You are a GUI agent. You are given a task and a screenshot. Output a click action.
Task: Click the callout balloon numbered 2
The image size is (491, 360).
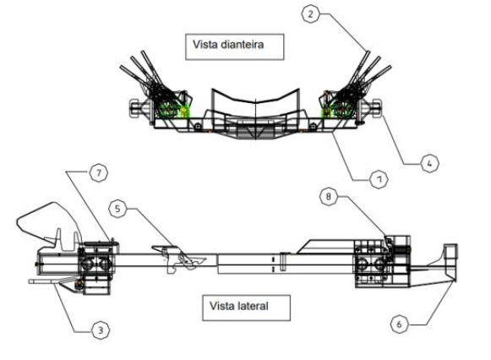click(310, 14)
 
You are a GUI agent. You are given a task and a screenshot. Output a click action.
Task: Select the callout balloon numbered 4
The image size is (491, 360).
click(429, 163)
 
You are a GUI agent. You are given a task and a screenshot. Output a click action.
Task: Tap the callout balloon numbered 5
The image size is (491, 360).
click(117, 209)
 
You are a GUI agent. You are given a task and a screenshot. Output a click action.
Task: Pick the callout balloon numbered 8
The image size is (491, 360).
click(328, 197)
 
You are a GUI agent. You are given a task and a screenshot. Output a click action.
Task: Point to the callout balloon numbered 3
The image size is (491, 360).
click(101, 330)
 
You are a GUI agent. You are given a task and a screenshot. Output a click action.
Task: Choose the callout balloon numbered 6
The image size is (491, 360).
click(399, 324)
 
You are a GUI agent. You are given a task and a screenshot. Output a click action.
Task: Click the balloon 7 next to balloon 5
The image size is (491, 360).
click(99, 172)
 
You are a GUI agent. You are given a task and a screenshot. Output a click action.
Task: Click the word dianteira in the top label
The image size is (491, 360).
click(242, 45)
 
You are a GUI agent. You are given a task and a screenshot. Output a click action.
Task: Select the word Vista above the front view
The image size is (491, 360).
click(205, 45)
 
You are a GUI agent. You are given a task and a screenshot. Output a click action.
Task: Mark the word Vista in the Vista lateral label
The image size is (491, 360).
click(222, 306)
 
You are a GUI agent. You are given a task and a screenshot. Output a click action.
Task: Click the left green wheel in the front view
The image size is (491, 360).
click(167, 109)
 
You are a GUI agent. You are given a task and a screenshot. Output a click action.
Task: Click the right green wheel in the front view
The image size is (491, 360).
click(342, 109)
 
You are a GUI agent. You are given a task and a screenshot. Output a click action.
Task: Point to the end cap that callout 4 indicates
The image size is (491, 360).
click(376, 108)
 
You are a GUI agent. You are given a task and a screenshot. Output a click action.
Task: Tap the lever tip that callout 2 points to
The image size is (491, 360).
click(368, 52)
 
